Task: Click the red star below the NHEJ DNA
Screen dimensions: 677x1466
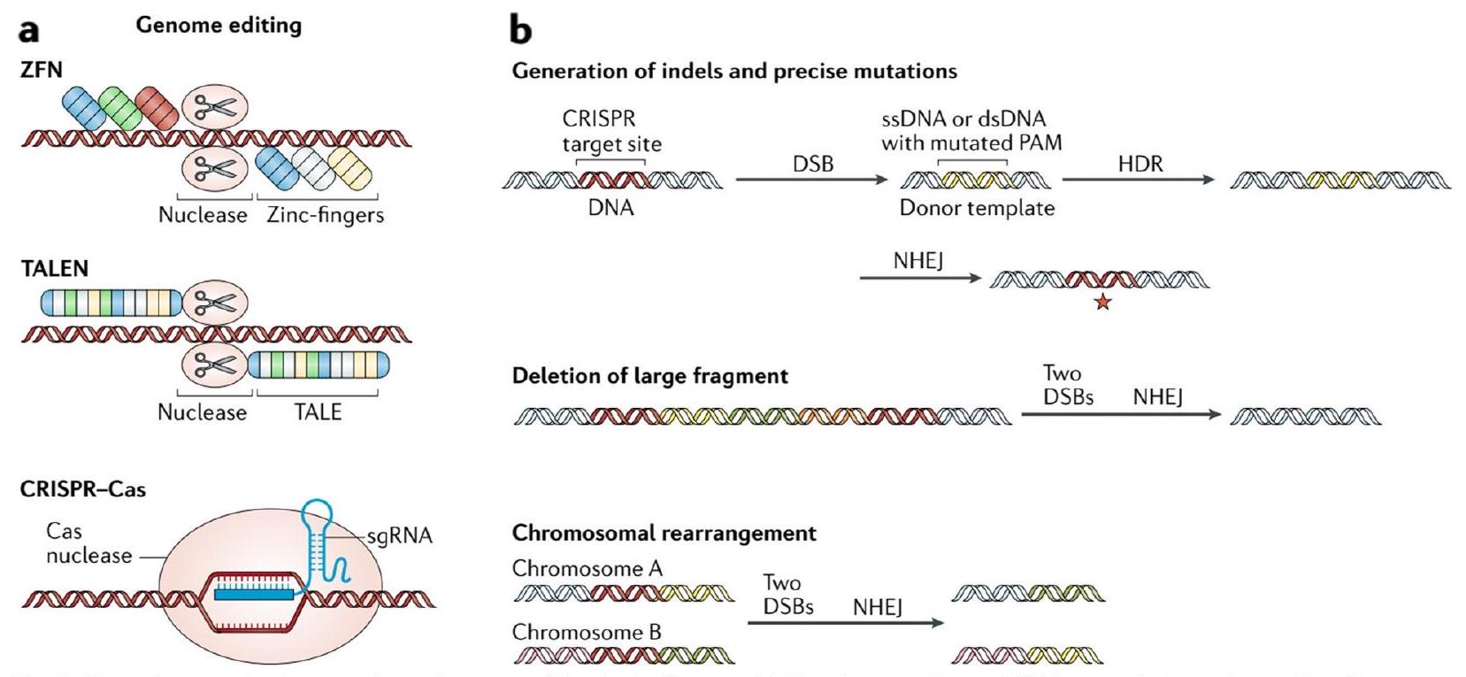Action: tap(1102, 304)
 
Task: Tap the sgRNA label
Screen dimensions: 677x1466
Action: tap(399, 536)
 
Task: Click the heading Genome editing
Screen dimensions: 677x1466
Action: tap(219, 26)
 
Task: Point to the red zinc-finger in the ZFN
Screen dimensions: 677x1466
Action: tap(157, 107)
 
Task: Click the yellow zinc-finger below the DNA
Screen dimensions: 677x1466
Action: tap(349, 167)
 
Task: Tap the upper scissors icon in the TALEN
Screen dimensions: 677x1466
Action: tap(215, 304)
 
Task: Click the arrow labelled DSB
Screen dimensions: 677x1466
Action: tap(811, 180)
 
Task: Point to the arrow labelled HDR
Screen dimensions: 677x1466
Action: tap(1139, 180)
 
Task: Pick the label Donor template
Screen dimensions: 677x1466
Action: tap(977, 209)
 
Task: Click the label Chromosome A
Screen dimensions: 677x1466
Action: tap(587, 569)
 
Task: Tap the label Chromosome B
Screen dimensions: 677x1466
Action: tap(587, 633)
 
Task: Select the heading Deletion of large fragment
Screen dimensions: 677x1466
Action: tap(649, 376)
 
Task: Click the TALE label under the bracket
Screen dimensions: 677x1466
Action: tap(318, 412)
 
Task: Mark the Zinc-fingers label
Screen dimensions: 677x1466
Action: tap(325, 215)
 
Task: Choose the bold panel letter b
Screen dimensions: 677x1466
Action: tap(521, 30)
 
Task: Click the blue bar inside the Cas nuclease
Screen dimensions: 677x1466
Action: tap(253, 596)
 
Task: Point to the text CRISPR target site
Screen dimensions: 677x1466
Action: tap(611, 131)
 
